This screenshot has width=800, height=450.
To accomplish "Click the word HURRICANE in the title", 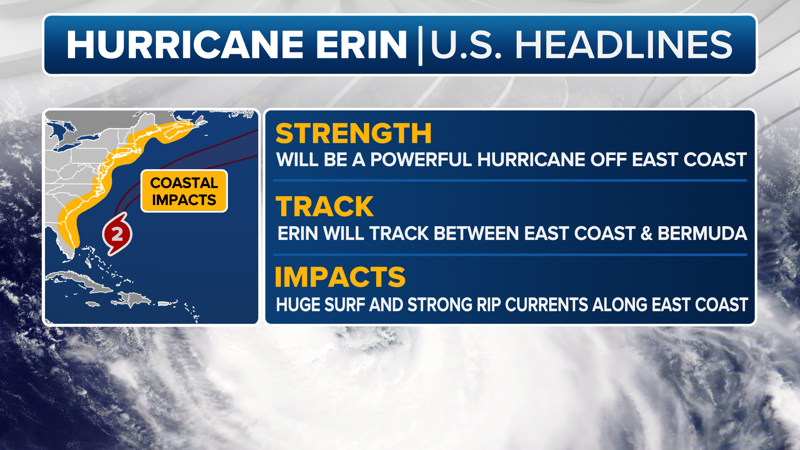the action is [185, 45].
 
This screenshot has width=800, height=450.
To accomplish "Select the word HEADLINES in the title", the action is [624, 45].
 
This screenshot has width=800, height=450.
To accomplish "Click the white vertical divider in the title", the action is [420, 45].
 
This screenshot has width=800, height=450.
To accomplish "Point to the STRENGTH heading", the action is [353, 133].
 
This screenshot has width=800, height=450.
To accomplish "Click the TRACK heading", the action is [325, 207].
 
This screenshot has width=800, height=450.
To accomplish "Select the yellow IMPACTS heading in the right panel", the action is [340, 277].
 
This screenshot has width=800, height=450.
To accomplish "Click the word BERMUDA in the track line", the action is [702, 233].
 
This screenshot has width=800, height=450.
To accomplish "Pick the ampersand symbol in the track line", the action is [646, 233].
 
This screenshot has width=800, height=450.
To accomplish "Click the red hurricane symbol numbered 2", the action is [117, 234].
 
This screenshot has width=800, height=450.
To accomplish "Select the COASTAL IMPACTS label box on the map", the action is [184, 191].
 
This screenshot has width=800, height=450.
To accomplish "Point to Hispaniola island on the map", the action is [133, 299].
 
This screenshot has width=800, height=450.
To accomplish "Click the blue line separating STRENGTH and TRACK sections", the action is [510, 180].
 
